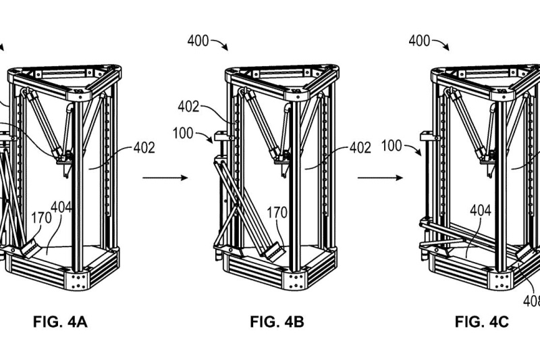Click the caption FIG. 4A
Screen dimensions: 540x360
click(60, 322)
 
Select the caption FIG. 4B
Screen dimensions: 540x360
click(277, 322)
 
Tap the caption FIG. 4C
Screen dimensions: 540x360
click(482, 322)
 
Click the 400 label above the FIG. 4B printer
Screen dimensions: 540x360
click(198, 41)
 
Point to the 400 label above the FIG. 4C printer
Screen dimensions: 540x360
click(419, 41)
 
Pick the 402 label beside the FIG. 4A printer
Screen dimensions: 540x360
click(144, 148)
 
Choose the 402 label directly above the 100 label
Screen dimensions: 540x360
click(188, 107)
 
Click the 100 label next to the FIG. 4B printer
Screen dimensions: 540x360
click(183, 133)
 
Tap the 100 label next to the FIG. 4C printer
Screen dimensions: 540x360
click(391, 146)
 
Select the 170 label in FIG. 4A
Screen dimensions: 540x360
click(41, 217)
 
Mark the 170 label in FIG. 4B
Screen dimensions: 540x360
click(277, 213)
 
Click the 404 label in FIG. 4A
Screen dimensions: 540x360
click(61, 207)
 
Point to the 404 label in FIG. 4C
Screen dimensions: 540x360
click(481, 210)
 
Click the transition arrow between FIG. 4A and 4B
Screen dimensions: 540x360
click(165, 178)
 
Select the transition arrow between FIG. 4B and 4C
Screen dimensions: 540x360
click(380, 178)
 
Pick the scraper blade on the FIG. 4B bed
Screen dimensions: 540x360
click(275, 251)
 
